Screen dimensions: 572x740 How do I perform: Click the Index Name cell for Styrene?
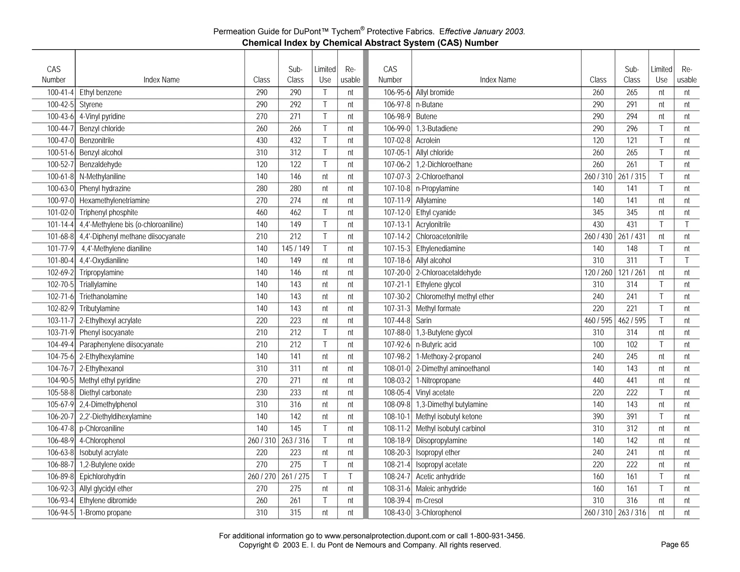pyautogui.click(x=91, y=105)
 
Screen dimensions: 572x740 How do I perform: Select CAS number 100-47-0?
pyautogui.click(x=60, y=141)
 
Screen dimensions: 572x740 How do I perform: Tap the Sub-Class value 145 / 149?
pyautogui.click(x=295, y=249)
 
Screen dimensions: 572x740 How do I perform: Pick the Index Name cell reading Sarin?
pyautogui.click(x=423, y=321)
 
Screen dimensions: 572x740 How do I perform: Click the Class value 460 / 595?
pyautogui.click(x=598, y=321)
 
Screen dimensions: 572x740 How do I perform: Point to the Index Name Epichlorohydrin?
pyautogui.click(x=102, y=477)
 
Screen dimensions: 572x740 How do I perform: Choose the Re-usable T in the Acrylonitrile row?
pyautogui.click(x=687, y=225)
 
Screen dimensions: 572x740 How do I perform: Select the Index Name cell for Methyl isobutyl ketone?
pyautogui.click(x=449, y=417)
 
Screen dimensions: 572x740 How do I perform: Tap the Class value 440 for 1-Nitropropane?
pyautogui.click(x=598, y=381)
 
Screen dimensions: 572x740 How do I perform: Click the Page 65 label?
pyautogui.click(x=675, y=545)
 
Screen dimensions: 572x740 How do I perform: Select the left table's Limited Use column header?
pyautogui.click(x=325, y=74)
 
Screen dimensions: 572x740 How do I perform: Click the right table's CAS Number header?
pyautogui.click(x=390, y=74)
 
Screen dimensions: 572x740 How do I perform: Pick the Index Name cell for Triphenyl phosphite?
pyautogui.click(x=108, y=213)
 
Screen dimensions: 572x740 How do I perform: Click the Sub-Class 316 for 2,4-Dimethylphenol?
pyautogui.click(x=295, y=405)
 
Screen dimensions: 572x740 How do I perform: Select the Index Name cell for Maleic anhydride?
pyautogui.click(x=441, y=489)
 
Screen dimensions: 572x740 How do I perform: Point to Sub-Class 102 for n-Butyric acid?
pyautogui.click(x=632, y=345)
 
